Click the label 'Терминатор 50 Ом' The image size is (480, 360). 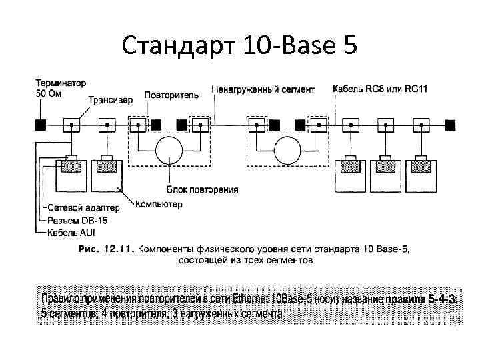click(61, 88)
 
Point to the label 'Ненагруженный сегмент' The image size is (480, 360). click(263, 89)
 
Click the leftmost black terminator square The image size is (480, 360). click(41, 124)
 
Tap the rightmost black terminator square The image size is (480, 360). click(451, 124)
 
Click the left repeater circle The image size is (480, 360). click(170, 150)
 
